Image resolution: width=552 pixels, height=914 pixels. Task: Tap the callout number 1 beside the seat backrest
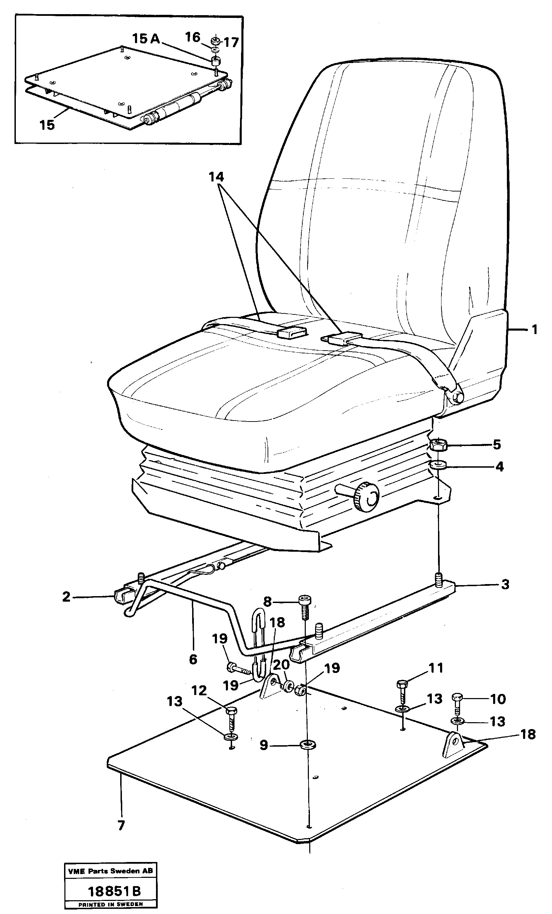pos(534,329)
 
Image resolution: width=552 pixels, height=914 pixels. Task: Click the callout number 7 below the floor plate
pos(121,825)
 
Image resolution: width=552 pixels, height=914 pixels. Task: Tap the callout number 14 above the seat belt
pos(216,177)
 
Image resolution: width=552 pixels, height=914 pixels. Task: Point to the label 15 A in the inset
pos(146,38)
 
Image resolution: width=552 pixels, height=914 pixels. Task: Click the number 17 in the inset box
pos(231,42)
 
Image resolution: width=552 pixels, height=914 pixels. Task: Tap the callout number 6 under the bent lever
pos(193,659)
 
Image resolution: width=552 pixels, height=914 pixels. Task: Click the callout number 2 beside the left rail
pos(66,596)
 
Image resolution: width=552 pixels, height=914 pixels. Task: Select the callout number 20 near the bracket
pos(281,664)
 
